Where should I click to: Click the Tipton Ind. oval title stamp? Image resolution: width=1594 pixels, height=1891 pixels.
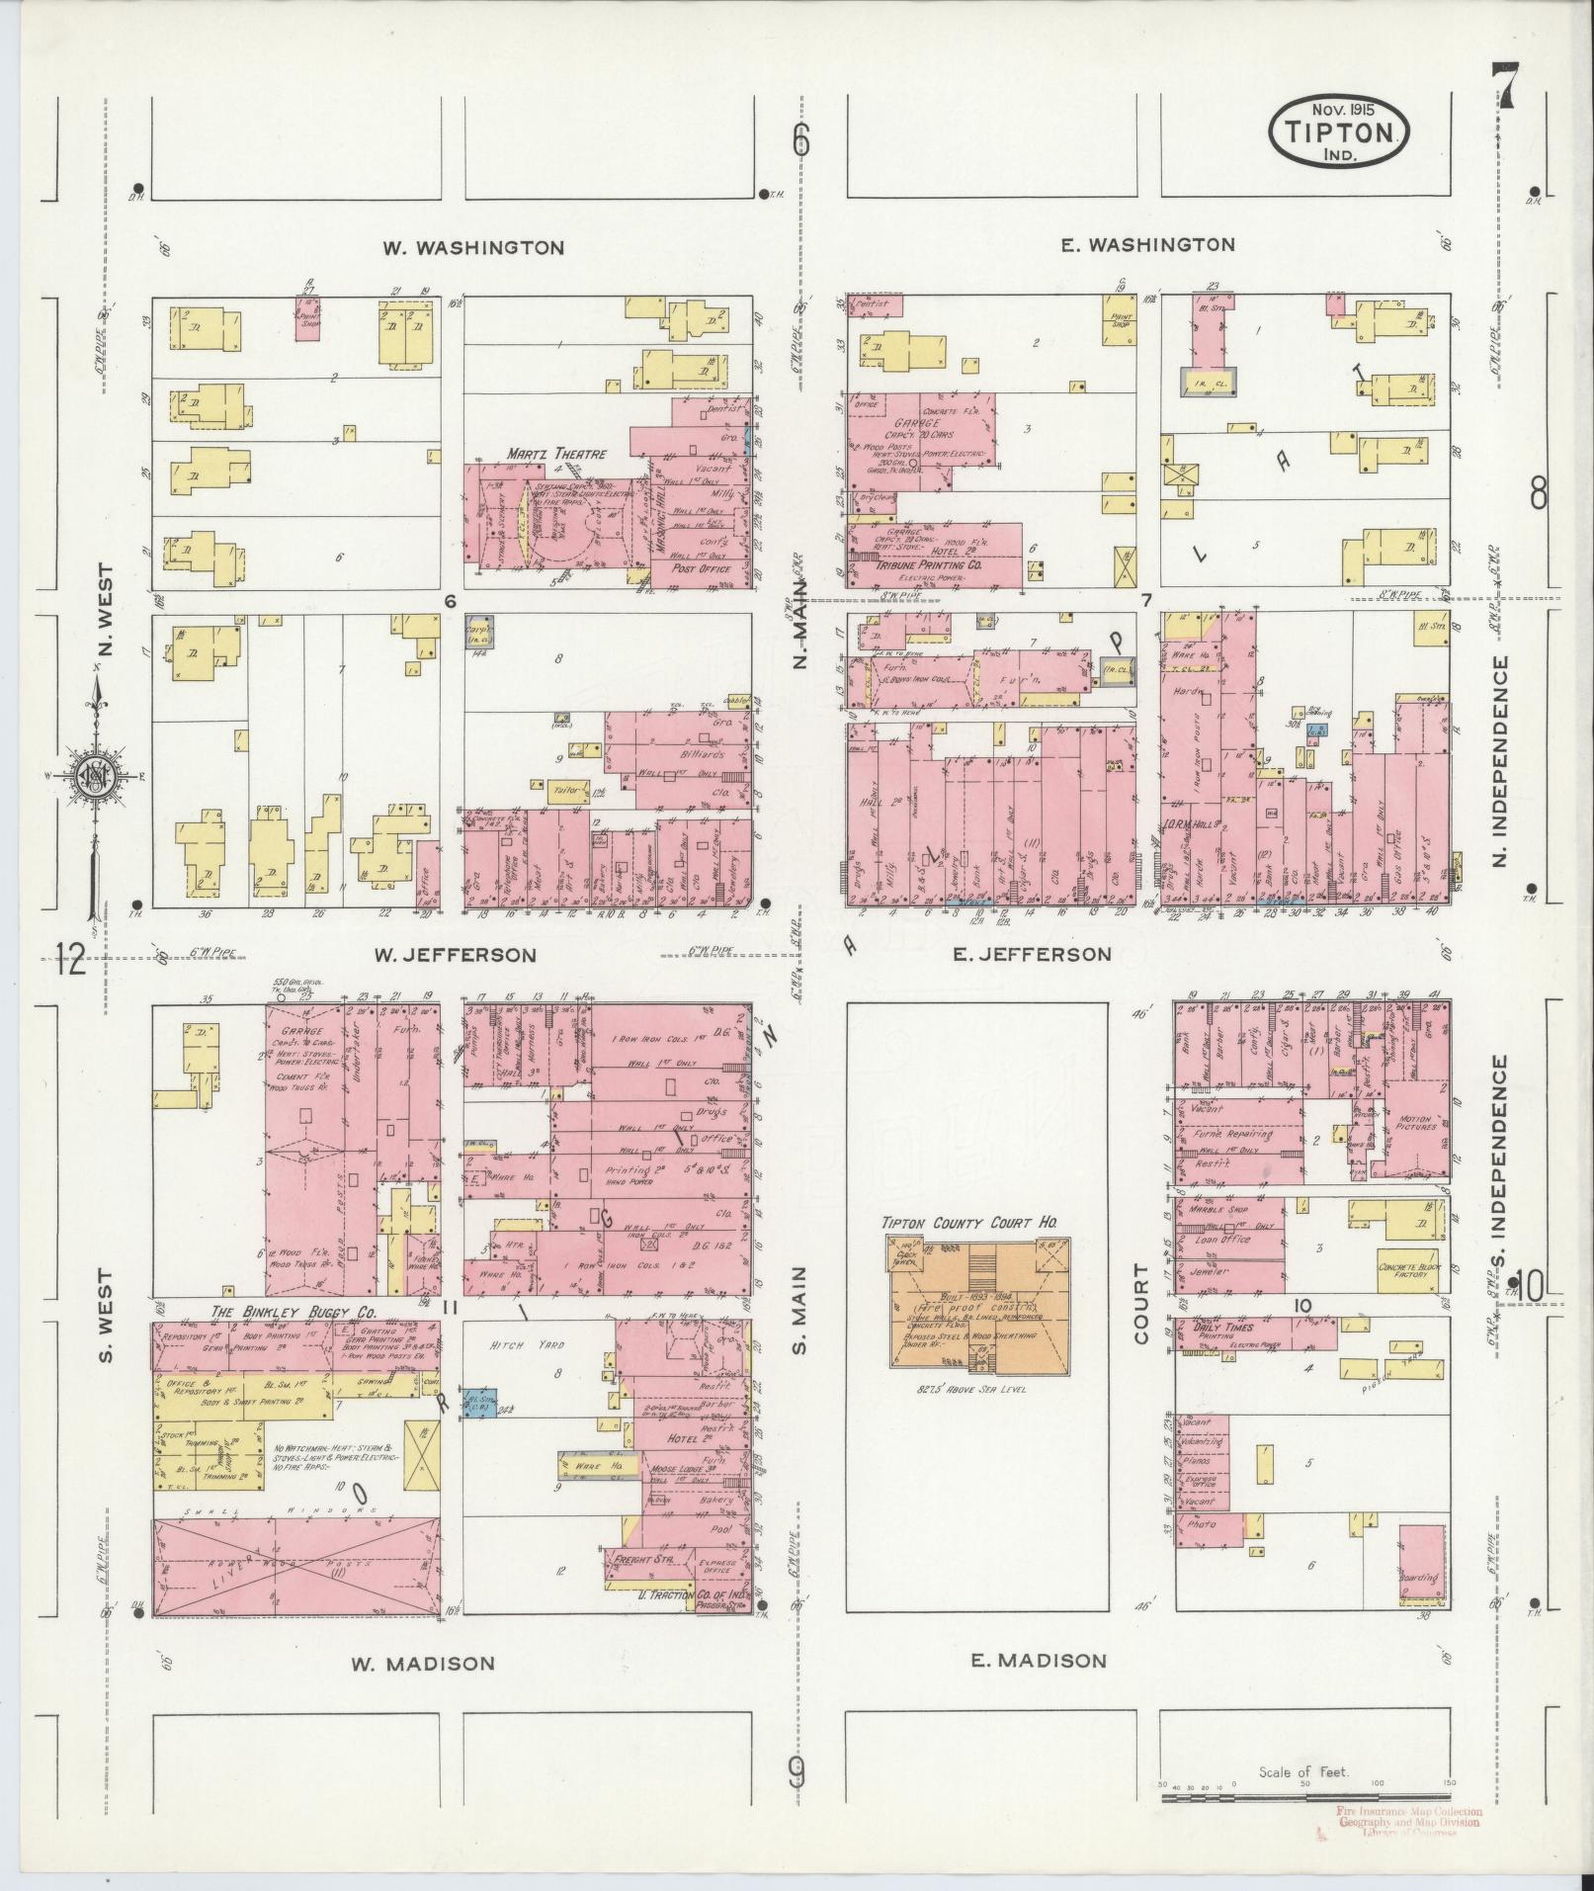coord(1338,129)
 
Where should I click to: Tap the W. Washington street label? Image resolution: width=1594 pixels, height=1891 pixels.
coord(474,247)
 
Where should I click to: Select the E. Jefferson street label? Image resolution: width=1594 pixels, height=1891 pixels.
coord(1032,954)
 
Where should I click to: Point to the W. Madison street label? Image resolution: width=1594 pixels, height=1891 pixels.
coord(423,1664)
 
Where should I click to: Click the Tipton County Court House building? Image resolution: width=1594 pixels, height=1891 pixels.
coord(977,1304)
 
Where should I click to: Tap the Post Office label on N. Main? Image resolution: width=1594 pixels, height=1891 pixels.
coord(700,569)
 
